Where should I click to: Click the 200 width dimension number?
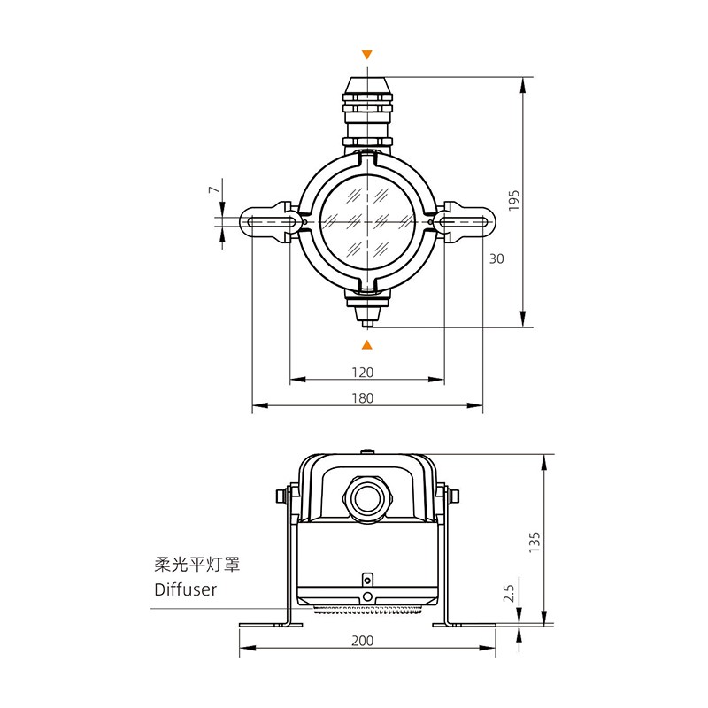363,640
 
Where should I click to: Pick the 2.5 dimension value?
509,592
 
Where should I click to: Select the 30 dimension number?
496,258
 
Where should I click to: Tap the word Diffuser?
185,589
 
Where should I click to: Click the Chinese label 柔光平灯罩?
197,563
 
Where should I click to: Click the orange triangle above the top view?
368,55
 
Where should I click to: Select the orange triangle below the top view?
368,343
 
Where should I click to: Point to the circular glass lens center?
368,219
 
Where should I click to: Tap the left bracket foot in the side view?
271,624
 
